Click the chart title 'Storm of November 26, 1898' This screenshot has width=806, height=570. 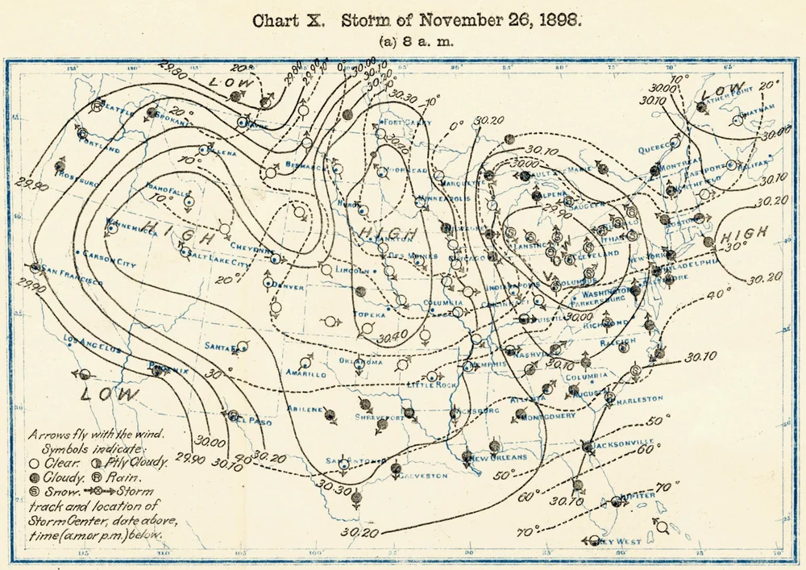[x=460, y=22]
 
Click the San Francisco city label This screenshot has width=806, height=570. [x=73, y=275]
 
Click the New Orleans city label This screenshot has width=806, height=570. [x=500, y=457]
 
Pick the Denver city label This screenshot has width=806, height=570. [x=288, y=287]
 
